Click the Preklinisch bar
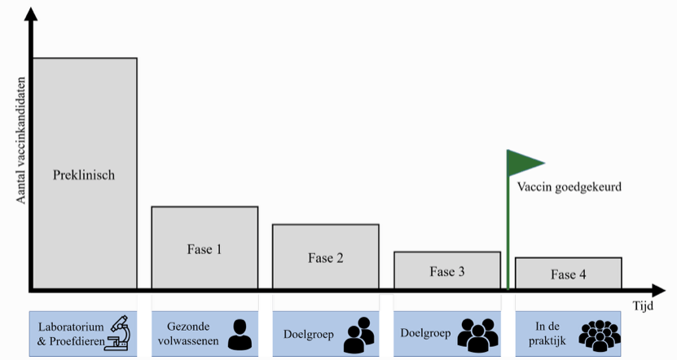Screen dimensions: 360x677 pos(84,174)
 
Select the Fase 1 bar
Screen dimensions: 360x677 pos(204,248)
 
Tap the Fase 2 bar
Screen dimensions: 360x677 pos(325,257)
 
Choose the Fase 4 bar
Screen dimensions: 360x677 pos(568,274)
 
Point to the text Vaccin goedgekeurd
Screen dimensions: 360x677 pos(569,187)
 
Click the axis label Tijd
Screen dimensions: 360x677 pos(644,305)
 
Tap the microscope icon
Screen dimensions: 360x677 pos(120,333)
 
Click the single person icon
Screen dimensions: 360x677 pos(239,334)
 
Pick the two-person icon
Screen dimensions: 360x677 pos(358,335)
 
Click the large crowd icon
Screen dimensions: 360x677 pos(600,335)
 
